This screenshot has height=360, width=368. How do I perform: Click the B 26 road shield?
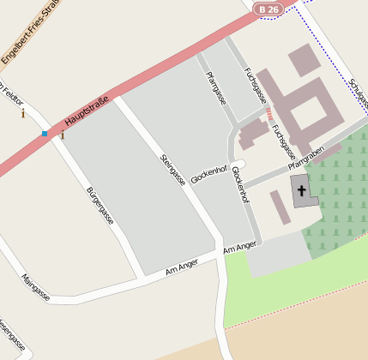(x=268, y=9)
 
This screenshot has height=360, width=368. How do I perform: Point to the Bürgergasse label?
(x=100, y=206)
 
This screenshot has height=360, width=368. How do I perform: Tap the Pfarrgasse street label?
(x=215, y=88)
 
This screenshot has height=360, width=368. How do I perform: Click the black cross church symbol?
(x=302, y=189)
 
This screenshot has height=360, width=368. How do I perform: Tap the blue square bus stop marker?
(x=45, y=134)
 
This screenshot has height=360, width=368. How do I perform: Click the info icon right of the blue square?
(x=62, y=135)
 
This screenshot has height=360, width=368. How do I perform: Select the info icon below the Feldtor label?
(x=23, y=113)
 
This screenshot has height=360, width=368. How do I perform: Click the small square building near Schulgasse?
(x=303, y=61)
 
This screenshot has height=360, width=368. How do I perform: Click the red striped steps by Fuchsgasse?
(x=268, y=113)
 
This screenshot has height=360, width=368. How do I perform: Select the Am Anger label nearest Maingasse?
(x=182, y=266)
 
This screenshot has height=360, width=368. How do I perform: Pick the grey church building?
(x=304, y=192)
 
